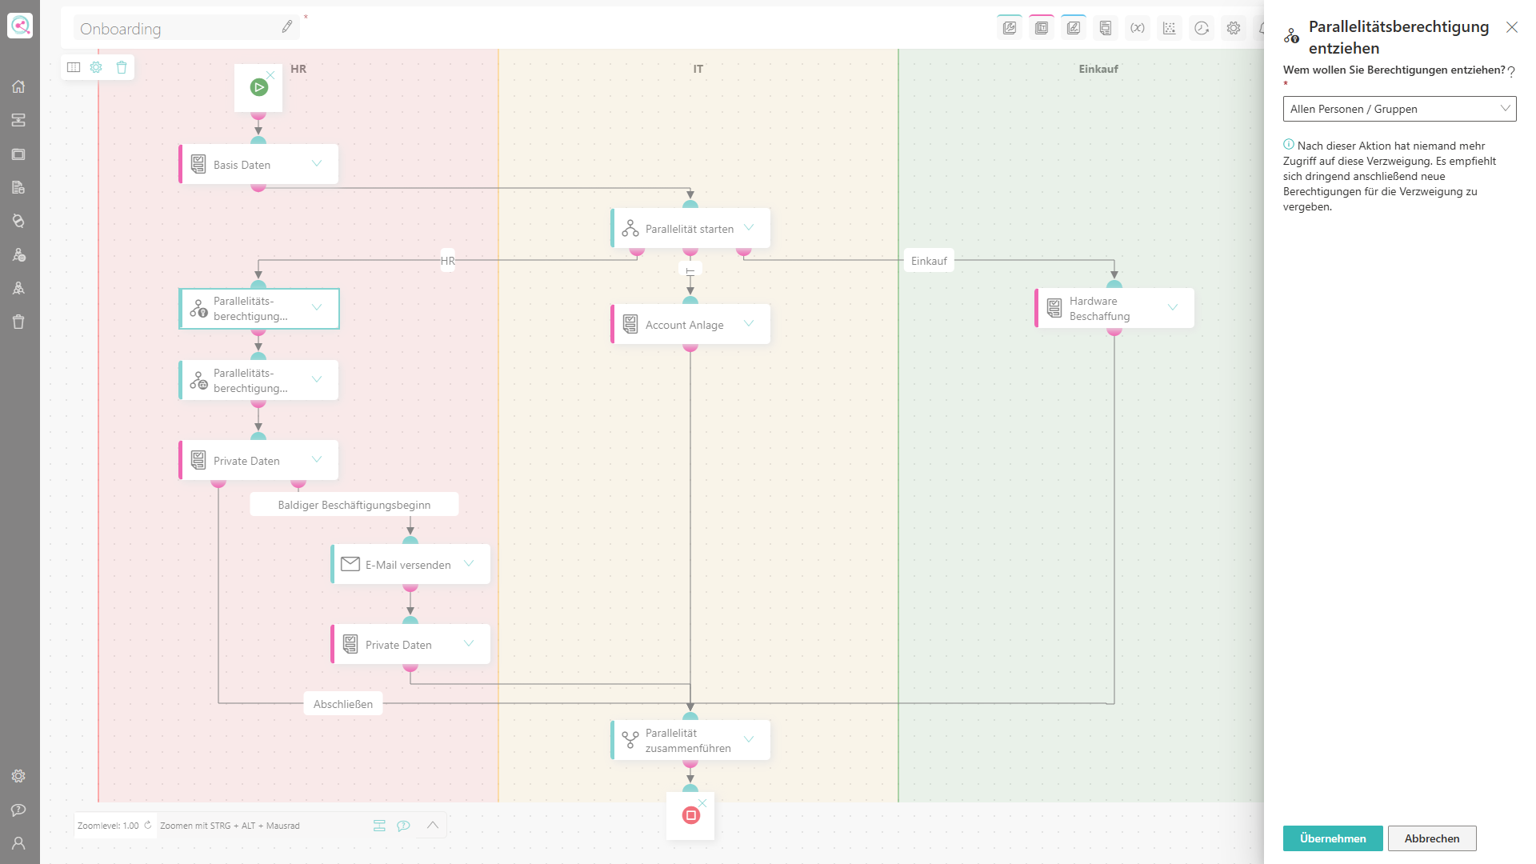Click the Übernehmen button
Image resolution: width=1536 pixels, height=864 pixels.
click(1333, 838)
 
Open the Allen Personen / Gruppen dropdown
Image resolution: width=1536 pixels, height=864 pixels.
click(1399, 109)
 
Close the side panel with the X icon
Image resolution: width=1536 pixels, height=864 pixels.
click(1512, 27)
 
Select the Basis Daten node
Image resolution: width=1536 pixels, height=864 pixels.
click(258, 164)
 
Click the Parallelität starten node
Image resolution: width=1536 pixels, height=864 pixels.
click(690, 228)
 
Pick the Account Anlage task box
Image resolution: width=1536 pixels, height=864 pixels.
click(690, 324)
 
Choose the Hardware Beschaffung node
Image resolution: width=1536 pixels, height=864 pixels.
click(1114, 308)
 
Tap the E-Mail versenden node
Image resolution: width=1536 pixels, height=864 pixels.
click(410, 564)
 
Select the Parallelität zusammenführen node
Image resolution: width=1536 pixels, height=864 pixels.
click(690, 740)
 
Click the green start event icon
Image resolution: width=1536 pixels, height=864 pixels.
click(258, 87)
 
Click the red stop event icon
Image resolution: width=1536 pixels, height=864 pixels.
click(691, 815)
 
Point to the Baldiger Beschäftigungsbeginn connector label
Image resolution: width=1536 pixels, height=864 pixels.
click(354, 505)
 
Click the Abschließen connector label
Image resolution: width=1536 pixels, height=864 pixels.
click(343, 704)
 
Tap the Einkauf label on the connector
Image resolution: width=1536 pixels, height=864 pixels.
click(929, 261)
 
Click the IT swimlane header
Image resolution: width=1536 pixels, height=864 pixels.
click(698, 69)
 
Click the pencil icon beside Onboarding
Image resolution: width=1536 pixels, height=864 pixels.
click(287, 27)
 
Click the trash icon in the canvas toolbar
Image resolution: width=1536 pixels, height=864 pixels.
click(122, 67)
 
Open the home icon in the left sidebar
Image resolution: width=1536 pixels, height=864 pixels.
click(18, 86)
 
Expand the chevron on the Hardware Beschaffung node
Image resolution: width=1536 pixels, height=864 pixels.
click(1173, 307)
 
